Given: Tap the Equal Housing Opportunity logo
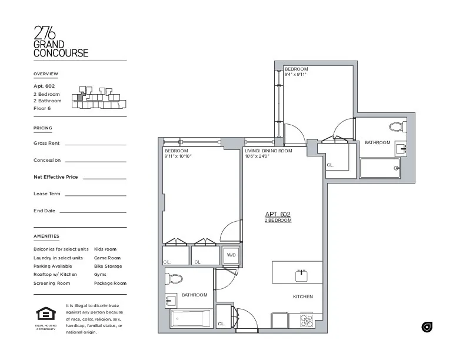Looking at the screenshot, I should (x=45, y=316).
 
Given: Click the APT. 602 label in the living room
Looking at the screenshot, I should (x=278, y=214).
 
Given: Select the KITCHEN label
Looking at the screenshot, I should (x=302, y=296).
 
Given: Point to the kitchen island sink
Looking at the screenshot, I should (x=301, y=273).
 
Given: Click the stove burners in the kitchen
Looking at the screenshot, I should (x=307, y=321).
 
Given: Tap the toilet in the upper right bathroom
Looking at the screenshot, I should (x=395, y=126).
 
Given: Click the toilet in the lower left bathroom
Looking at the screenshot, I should (x=176, y=279).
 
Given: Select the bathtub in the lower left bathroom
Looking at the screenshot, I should (x=191, y=319).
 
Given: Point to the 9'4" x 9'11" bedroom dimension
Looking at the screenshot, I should (x=296, y=75).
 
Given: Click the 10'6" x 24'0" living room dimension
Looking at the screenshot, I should (x=257, y=156).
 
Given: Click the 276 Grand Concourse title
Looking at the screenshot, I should (x=61, y=41).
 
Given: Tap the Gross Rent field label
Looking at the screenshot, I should (x=46, y=144).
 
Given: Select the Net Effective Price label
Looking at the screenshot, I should (x=55, y=176).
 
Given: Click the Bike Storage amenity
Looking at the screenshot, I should (x=108, y=266).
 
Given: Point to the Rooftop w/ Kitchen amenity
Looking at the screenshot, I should (x=55, y=275).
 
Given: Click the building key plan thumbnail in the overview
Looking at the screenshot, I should (x=98, y=99).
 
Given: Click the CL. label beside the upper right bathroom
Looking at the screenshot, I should (x=330, y=165).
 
